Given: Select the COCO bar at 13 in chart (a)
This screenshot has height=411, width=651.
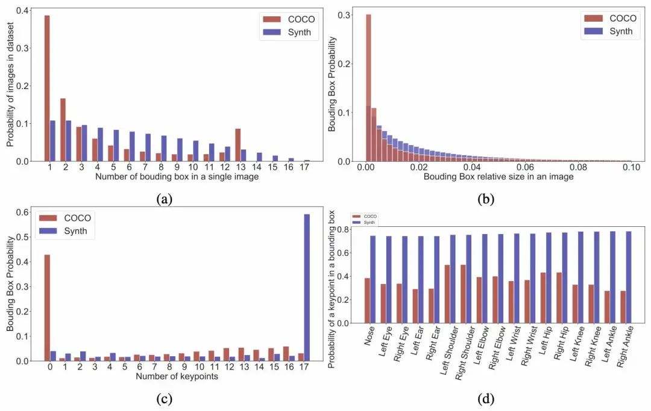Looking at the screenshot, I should pyautogui.click(x=237, y=145).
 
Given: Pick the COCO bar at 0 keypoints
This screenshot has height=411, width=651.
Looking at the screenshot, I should pyautogui.click(x=47, y=307).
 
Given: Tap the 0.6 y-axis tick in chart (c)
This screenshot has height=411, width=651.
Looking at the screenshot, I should pyautogui.click(x=25, y=212).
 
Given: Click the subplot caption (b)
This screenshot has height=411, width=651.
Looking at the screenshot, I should pyautogui.click(x=484, y=200).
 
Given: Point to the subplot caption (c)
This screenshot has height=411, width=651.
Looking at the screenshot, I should pyautogui.click(x=163, y=398).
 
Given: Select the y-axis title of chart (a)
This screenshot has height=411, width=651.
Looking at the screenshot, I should pyautogui.click(x=10, y=84).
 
